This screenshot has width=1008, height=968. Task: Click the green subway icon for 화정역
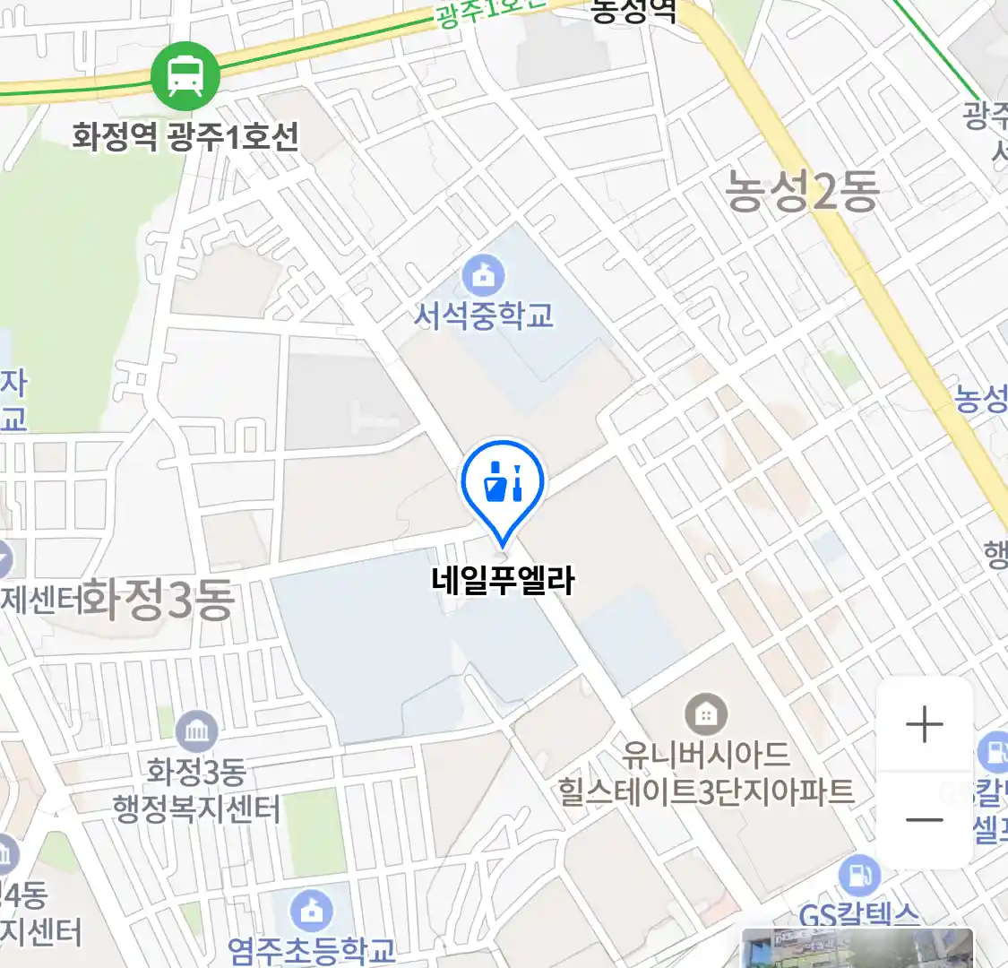pyautogui.click(x=185, y=75)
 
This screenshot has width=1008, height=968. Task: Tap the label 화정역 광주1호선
pyautogui.click(x=185, y=137)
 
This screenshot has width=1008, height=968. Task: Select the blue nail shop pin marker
pyautogui.click(x=503, y=485)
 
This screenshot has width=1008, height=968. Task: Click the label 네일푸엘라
pyautogui.click(x=503, y=580)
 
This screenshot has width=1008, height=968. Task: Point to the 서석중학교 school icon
pyautogui.click(x=484, y=274)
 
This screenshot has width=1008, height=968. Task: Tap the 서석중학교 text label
pyautogui.click(x=484, y=315)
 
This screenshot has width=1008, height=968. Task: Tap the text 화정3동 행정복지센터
pyautogui.click(x=196, y=791)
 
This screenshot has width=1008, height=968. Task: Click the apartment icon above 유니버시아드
pyautogui.click(x=706, y=714)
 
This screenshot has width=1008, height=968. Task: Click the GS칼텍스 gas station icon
pyautogui.click(x=859, y=876)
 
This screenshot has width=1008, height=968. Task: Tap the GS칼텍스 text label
pyautogui.click(x=858, y=915)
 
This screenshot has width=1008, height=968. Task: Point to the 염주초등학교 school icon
pyautogui.click(x=311, y=912)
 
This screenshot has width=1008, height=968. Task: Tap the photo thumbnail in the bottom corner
pyautogui.click(x=857, y=948)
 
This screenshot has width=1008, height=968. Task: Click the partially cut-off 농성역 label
pyautogui.click(x=634, y=11)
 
